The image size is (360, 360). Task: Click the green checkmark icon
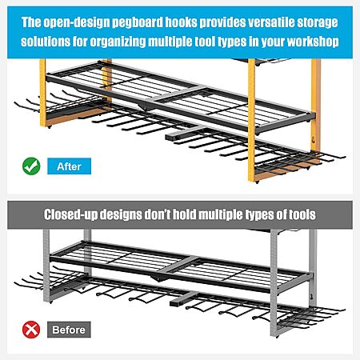pos(31,166)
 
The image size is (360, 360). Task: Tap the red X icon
pos(31,330)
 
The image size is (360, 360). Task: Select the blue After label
pos(70,166)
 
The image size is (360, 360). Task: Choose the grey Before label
pos(69,330)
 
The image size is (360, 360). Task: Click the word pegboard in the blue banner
pos(138,23)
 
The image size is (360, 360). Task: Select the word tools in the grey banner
pos(302,214)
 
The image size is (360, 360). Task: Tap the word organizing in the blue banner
pos(118,42)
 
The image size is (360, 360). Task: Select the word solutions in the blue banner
pos(46,42)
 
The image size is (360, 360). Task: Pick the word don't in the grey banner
pos(158,214)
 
